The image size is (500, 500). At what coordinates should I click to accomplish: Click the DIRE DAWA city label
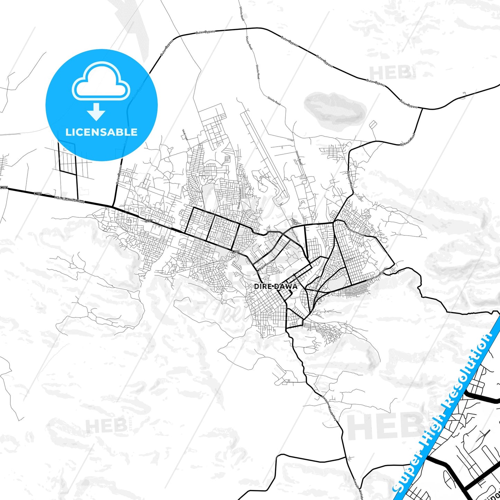(x=275, y=287)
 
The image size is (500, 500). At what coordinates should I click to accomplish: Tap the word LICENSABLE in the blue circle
(x=101, y=132)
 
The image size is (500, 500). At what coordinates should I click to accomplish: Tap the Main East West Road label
(x=69, y=200)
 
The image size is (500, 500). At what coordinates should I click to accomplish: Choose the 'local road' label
(x=184, y=135)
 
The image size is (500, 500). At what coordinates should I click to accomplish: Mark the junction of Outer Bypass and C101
(x=113, y=207)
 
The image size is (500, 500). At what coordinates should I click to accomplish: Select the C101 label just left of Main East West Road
(x=38, y=193)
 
